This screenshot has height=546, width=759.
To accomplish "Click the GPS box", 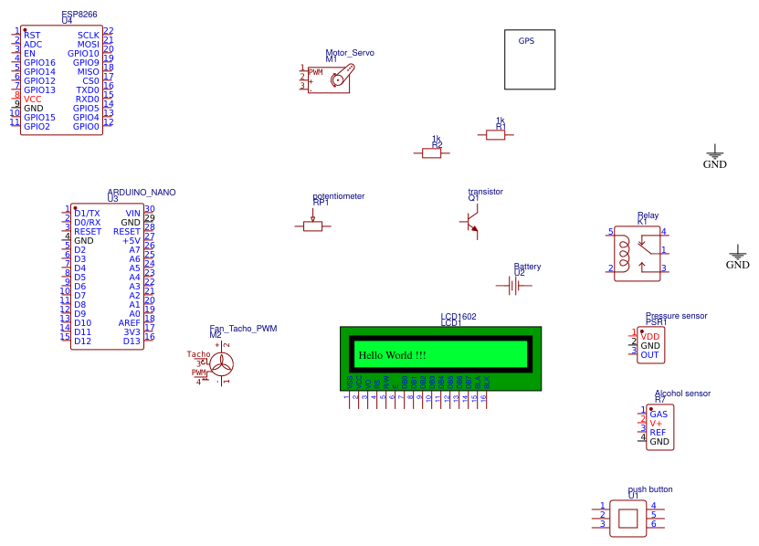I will click(530, 59).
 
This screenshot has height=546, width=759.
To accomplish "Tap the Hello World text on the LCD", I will click(392, 355).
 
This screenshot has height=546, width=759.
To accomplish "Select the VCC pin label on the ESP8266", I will click(33, 99).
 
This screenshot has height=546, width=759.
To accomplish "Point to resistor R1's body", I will click(495, 135).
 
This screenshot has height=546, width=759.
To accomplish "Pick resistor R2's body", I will click(432, 153).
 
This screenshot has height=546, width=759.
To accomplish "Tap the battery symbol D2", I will click(513, 286).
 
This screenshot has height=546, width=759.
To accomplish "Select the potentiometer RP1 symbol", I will click(312, 226).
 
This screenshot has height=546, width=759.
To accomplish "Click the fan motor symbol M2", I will click(222, 365).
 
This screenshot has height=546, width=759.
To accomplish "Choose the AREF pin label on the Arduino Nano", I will click(129, 323).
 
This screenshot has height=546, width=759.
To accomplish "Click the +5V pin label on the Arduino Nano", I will click(132, 241).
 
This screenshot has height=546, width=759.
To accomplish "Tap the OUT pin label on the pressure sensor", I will click(649, 355).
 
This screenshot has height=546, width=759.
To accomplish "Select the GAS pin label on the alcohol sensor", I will click(659, 414).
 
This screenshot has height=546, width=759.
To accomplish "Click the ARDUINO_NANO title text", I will click(142, 193).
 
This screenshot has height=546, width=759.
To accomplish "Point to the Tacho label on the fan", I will click(198, 354).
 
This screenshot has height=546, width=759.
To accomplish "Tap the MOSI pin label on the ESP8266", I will click(88, 44).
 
